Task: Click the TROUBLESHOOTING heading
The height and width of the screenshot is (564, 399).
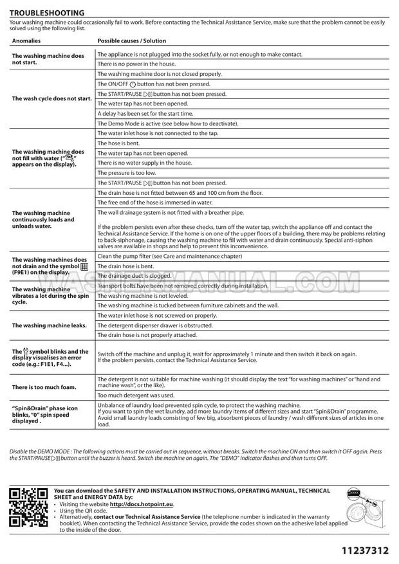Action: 47,12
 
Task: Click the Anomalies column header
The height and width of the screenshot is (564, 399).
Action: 26,41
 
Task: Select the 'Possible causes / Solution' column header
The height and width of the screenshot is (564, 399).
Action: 131,41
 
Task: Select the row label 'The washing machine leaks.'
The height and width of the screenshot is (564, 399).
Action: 50,325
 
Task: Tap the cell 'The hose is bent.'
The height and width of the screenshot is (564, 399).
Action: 119,143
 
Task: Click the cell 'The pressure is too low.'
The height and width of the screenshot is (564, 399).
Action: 126,173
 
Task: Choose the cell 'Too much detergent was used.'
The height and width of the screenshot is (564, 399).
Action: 136,395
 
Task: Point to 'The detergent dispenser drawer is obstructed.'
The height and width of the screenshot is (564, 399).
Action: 154,325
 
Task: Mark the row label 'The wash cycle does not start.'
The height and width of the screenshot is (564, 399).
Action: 52,98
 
